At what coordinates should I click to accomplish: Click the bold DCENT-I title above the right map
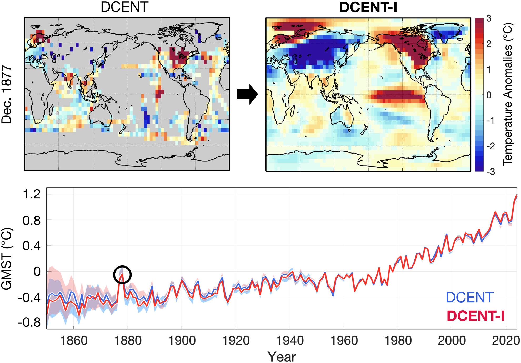[x=368, y=7]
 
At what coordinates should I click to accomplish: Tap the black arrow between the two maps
[x=247, y=94]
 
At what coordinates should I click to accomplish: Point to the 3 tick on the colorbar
[x=489, y=18]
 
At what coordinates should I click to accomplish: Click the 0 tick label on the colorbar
[x=489, y=95]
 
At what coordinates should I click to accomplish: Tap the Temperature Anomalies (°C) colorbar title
[x=508, y=94]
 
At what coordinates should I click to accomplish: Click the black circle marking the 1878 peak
[x=122, y=275]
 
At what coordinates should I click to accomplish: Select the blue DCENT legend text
[x=469, y=298]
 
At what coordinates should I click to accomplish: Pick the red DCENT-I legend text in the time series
[x=475, y=316]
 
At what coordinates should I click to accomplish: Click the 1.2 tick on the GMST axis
[x=32, y=195]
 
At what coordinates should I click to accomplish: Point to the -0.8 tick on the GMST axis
[x=29, y=323]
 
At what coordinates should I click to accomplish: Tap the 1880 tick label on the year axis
[x=128, y=341]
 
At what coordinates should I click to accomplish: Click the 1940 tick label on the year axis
[x=290, y=341]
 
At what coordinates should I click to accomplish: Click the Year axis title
[x=282, y=357]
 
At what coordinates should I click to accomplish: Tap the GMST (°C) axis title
[x=7, y=259]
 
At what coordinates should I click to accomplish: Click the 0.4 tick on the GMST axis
[x=32, y=246]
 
